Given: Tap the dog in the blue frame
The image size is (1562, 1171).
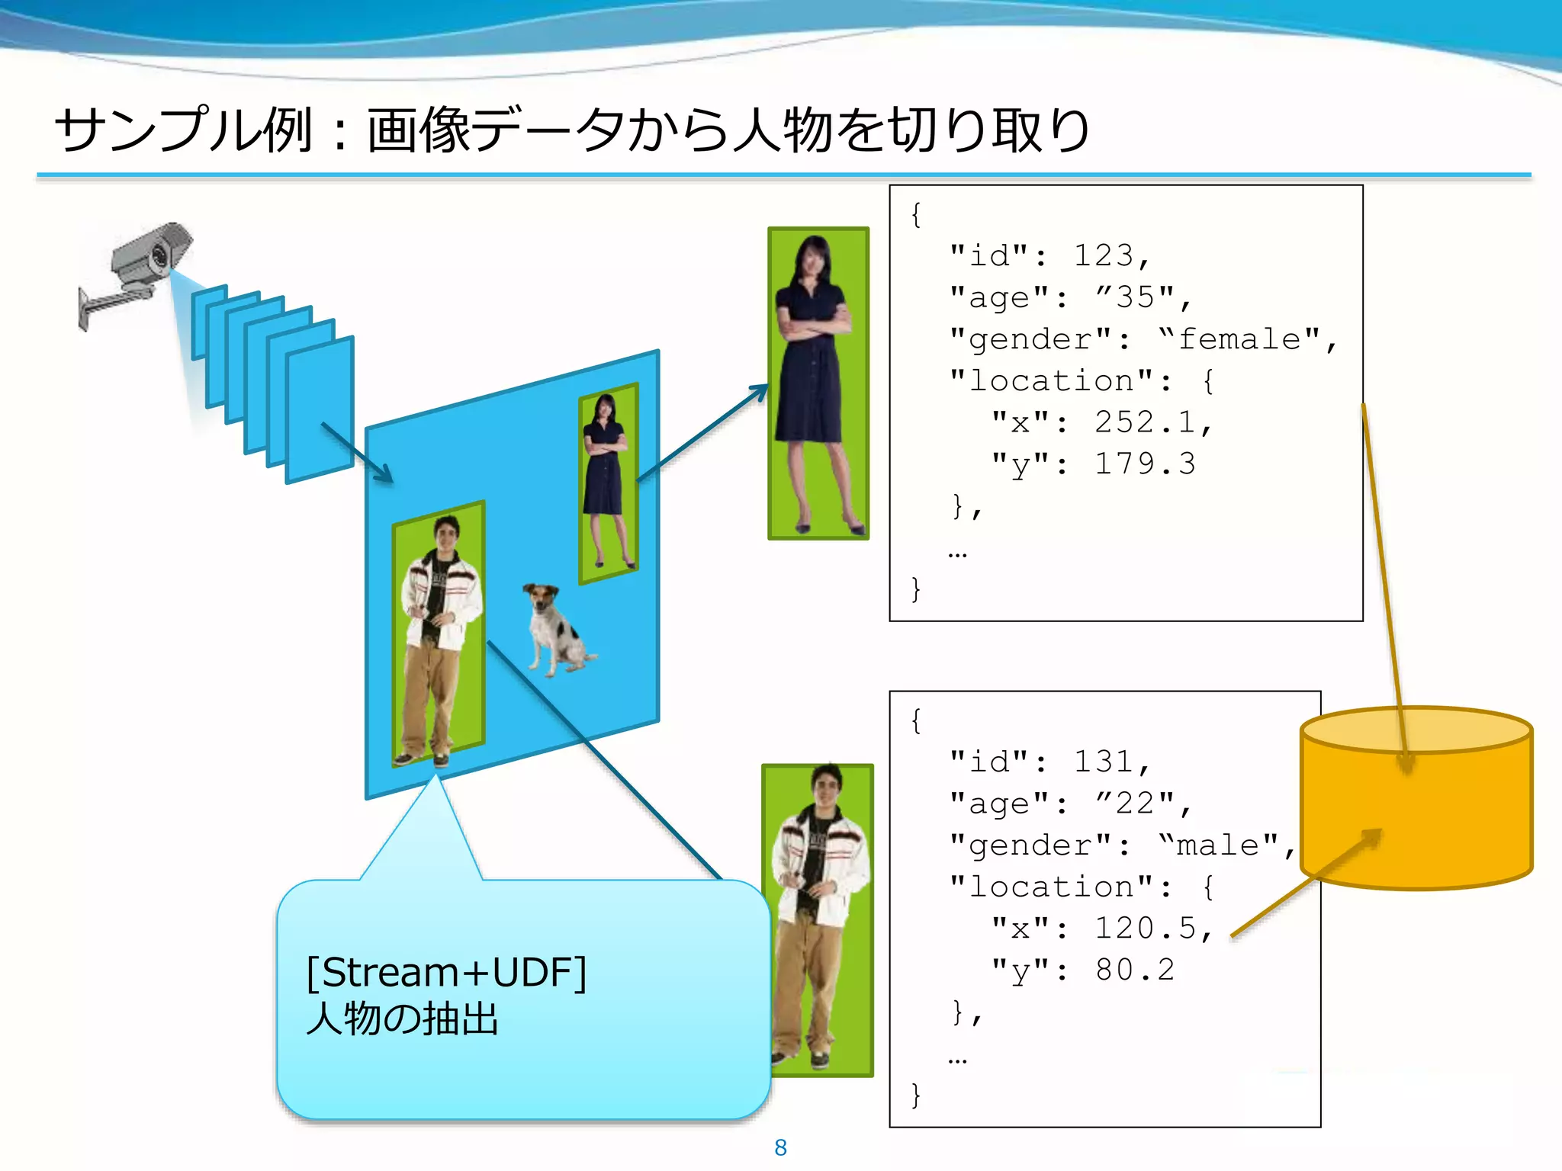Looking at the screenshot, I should click(556, 630).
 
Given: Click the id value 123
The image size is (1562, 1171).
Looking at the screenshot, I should click(1103, 256).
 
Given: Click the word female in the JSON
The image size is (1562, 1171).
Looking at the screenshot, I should click(1239, 339).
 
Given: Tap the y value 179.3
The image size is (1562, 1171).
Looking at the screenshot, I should click(1145, 464).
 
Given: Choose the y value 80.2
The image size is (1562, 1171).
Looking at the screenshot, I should click(1135, 970).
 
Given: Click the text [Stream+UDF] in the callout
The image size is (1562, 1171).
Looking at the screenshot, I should click(446, 974).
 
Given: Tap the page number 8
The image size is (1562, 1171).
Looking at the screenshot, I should click(780, 1147).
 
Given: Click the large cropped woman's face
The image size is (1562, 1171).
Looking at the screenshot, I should click(813, 259).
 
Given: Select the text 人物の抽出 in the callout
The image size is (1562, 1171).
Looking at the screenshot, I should click(402, 1019).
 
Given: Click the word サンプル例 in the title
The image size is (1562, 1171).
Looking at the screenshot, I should click(183, 130).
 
